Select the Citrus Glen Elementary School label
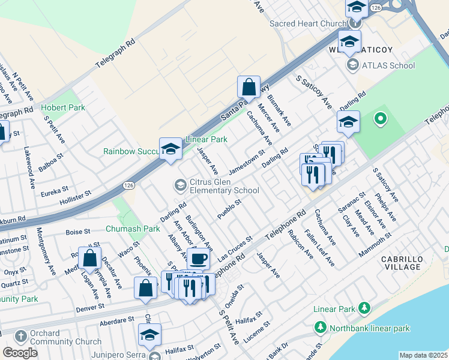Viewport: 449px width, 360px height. pos(224,187)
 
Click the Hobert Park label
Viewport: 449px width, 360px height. pos(63,107)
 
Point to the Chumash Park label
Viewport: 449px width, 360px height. pos(133,229)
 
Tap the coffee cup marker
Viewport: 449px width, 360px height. pos(198,259)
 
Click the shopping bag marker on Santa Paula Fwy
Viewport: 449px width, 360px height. pos(249,88)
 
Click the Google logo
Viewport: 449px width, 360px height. pos(20,353)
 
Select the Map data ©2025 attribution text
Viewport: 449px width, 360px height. pos(423,355)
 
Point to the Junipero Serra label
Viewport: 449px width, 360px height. pos(119,355)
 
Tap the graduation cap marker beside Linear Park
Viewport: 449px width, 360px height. pos(170,149)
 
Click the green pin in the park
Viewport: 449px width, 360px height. pos(379,119)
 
